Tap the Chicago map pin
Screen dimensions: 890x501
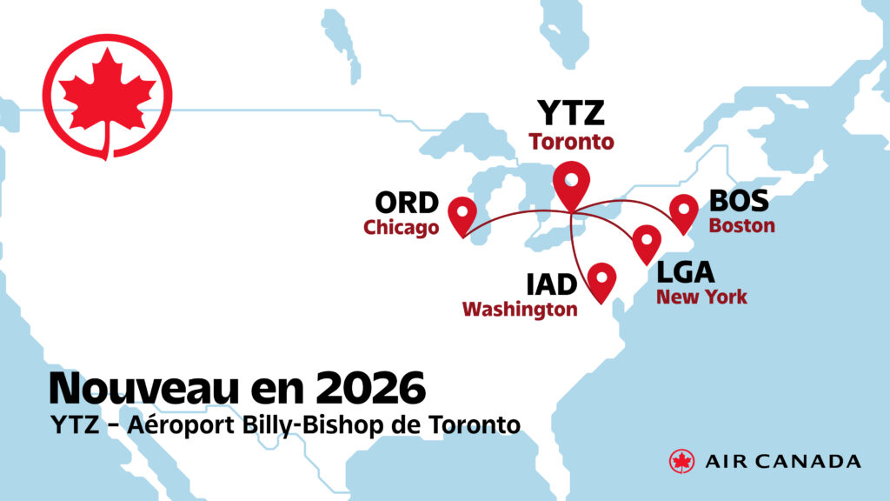point(462,213)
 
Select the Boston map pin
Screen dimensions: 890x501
point(684,210)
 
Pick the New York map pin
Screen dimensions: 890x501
point(646,241)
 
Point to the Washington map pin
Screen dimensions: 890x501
point(601,279)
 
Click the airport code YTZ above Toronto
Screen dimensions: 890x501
point(570,114)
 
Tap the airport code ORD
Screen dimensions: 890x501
point(406,204)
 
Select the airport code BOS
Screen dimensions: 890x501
point(739,201)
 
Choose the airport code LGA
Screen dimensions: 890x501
point(685,272)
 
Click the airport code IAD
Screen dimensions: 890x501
point(552,284)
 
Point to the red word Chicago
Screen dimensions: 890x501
point(401,228)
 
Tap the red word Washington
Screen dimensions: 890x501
point(520,309)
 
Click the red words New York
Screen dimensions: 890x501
point(701,297)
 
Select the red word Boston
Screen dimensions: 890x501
point(741,225)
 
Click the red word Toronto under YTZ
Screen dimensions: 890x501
point(571,141)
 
